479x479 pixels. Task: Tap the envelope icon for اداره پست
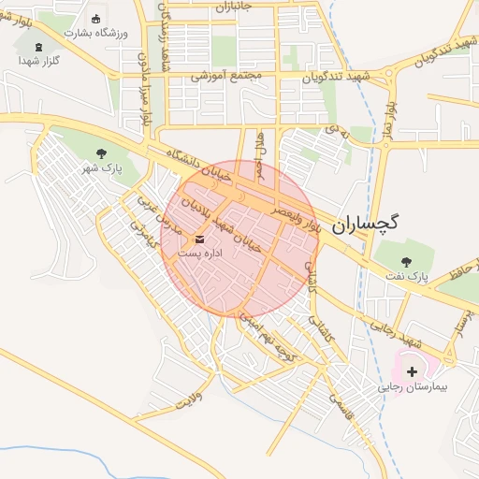pos(201,239)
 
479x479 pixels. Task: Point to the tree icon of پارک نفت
pos(406,263)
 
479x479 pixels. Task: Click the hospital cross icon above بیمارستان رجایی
pos(413,371)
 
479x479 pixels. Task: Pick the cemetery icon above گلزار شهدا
pos(38,47)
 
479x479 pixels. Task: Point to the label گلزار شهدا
pos(38,61)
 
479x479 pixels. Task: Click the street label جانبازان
pos(235,7)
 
